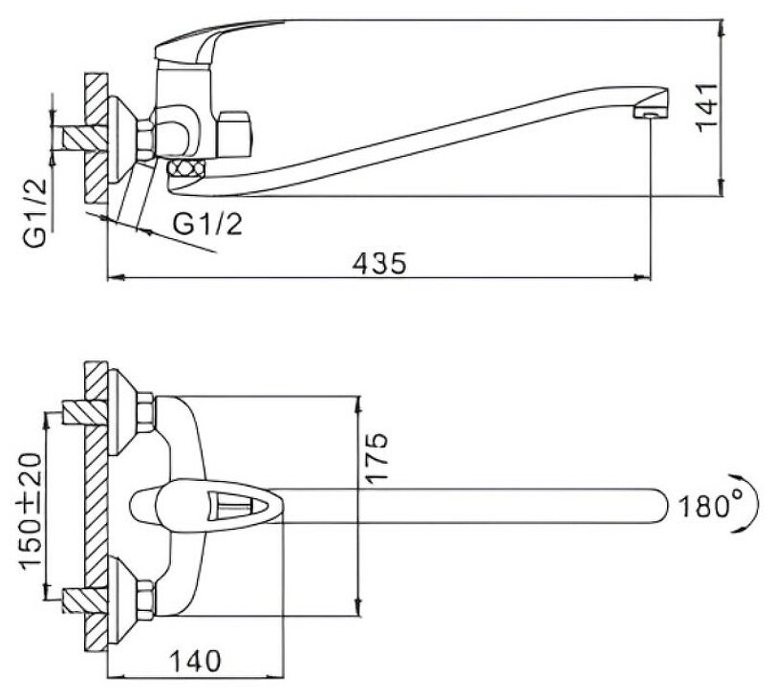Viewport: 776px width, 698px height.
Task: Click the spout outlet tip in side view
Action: pos(650,113)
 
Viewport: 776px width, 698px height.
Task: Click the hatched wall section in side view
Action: pos(96,139)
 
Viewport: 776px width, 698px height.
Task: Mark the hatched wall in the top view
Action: pos(96,507)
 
